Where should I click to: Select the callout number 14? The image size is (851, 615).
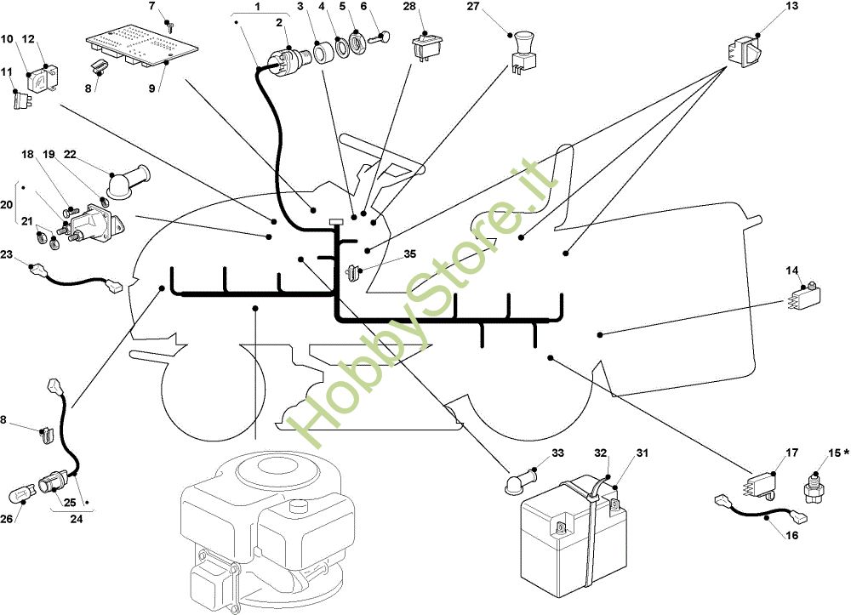click(792, 270)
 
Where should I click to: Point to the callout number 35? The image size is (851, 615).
click(410, 254)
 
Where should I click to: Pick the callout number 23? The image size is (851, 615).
click(7, 254)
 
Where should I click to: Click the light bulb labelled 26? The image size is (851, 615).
click(20, 493)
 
